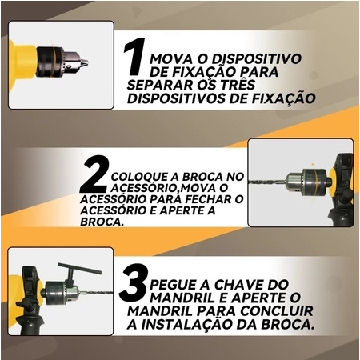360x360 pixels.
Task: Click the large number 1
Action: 134,56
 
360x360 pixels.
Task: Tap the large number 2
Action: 95,174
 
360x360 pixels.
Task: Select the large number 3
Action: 133,282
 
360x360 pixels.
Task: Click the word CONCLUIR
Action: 276,311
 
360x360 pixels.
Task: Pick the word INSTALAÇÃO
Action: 192,324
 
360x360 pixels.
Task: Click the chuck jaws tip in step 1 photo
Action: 84,63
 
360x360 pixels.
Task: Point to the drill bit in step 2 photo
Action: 267,182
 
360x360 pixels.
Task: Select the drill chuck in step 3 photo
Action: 61,293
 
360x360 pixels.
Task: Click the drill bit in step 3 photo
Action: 96,293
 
